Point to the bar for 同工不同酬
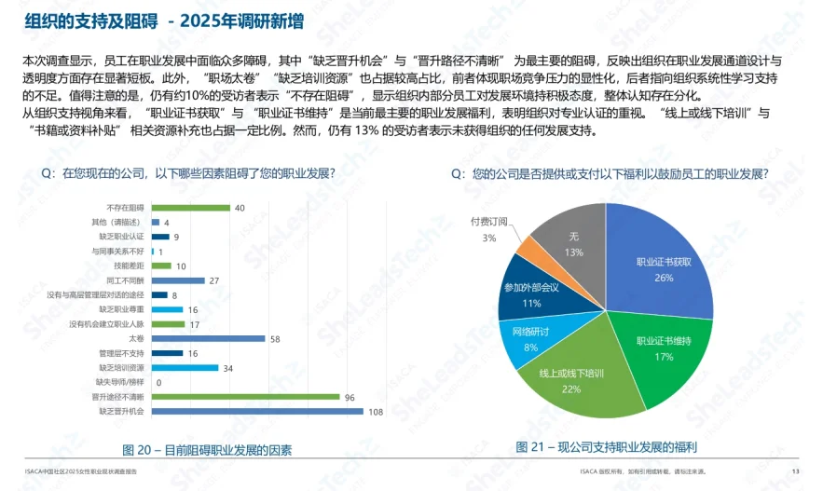[x=176, y=280]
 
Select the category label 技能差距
[x=130, y=266]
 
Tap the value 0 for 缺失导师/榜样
[x=158, y=382]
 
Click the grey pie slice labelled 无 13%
[x=573, y=244]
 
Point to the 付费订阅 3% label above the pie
[x=488, y=229]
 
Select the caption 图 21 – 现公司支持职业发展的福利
[x=606, y=447]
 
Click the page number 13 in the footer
[x=795, y=471]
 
